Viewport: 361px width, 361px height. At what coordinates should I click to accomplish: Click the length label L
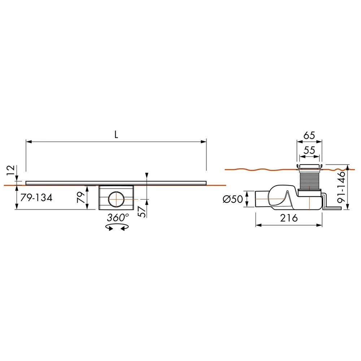116,135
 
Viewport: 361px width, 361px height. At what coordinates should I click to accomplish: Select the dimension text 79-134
36,198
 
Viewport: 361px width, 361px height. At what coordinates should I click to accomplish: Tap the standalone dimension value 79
82,197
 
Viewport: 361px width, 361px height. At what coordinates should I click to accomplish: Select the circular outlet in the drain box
116,199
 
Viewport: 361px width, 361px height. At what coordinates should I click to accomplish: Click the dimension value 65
309,136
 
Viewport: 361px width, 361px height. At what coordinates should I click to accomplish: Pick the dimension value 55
309,150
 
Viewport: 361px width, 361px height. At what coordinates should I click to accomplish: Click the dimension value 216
289,218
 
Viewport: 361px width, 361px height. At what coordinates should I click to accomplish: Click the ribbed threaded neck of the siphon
309,179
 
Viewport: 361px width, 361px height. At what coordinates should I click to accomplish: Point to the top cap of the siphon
309,166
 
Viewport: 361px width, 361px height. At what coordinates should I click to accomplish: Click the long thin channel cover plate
116,182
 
